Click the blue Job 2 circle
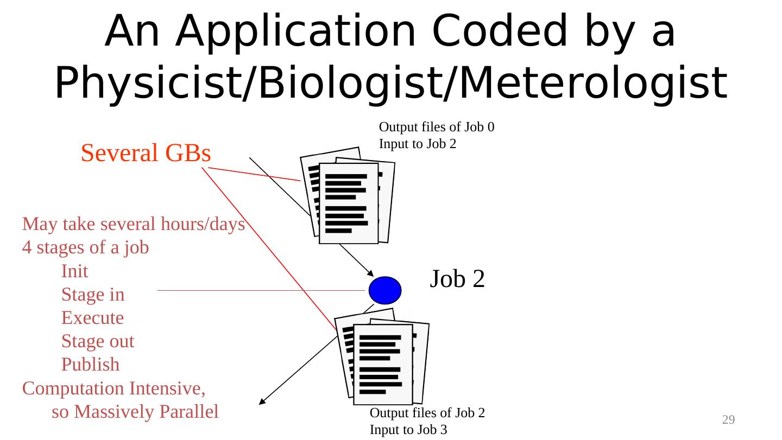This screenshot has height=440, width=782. point(385,290)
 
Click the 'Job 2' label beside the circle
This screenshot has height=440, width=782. point(457,279)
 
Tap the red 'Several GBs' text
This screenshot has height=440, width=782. point(146,154)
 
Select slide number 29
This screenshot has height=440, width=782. point(728,419)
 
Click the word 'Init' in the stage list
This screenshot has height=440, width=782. point(74,271)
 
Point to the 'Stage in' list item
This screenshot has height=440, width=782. point(93,295)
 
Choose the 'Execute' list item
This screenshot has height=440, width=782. point(92,318)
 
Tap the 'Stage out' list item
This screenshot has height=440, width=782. point(98,341)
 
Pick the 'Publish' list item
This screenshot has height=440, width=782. point(90,365)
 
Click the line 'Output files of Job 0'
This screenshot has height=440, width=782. point(436,127)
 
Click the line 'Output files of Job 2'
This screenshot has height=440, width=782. point(427,413)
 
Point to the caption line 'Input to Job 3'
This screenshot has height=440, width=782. point(408,430)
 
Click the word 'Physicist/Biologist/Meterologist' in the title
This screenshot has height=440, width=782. point(390,85)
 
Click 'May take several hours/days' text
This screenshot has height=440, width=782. point(134,224)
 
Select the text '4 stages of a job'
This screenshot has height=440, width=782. point(86,248)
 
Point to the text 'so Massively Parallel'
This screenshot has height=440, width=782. point(135,412)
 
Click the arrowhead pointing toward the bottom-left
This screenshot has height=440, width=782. point(262,401)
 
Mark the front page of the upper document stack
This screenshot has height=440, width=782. point(348,203)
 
